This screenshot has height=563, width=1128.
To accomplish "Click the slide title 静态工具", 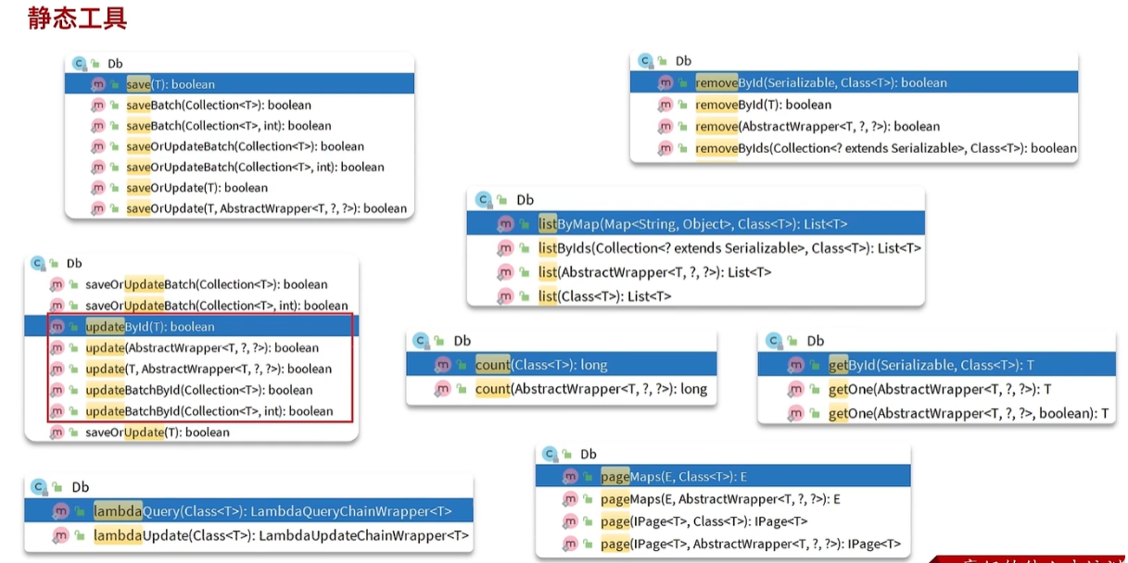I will [x=77, y=18].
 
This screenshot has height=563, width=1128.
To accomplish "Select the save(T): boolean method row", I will [x=171, y=84].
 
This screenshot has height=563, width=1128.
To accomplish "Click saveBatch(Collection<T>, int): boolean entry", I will [x=228, y=126].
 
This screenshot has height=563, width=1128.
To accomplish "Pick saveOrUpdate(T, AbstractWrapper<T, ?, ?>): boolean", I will [x=266, y=208].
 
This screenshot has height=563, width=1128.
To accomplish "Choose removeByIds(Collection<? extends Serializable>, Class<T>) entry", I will [x=885, y=148].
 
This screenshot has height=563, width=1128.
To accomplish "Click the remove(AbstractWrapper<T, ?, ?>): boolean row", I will [x=817, y=127].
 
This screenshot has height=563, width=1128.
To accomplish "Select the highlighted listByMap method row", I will [x=692, y=223].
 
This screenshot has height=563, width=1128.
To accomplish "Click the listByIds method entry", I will [x=729, y=248].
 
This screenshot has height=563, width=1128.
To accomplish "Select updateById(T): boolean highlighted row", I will [x=150, y=327].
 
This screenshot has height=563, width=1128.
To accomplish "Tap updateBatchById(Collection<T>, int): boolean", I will [x=209, y=411].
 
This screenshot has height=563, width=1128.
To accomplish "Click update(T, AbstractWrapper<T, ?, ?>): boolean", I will [x=208, y=369].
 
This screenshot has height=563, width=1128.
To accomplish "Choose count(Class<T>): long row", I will [x=541, y=365].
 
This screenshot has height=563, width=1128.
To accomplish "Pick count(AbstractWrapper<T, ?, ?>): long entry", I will [x=590, y=389].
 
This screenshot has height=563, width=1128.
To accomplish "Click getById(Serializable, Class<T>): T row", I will [x=931, y=365].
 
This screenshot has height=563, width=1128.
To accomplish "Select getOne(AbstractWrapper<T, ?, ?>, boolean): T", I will [x=968, y=413].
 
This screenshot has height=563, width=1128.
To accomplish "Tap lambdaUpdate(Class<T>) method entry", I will [x=281, y=535].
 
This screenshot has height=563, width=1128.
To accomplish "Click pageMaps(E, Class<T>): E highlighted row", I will [x=673, y=477].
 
